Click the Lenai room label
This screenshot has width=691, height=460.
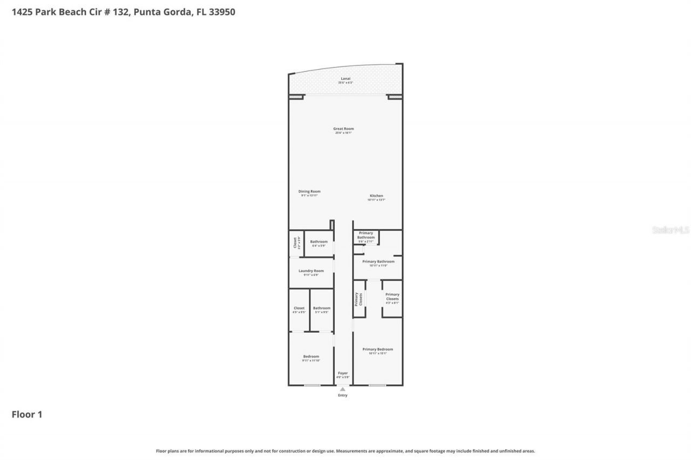[x=345, y=79]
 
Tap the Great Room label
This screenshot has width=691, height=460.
[x=343, y=129]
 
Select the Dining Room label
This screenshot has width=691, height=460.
[x=309, y=191]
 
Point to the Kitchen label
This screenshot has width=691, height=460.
[x=376, y=196]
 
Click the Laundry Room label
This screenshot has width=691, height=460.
[x=311, y=271]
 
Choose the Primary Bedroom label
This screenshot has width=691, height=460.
[x=377, y=349]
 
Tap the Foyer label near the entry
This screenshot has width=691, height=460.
[x=343, y=373]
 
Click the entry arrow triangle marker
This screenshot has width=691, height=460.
[x=342, y=389]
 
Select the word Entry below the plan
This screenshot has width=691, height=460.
[x=343, y=395]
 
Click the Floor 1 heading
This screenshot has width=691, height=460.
[x=27, y=414]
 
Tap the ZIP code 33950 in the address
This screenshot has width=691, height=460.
[x=222, y=12]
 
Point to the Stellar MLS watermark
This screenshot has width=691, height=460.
[x=670, y=230]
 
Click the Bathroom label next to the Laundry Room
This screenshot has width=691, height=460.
[x=319, y=242]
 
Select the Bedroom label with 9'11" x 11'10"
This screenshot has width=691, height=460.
[x=311, y=356]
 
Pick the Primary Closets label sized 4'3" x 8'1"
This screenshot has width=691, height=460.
[x=392, y=297]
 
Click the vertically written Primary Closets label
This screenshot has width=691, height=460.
[x=357, y=299]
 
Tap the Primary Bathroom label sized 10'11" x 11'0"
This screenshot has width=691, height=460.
[x=378, y=262]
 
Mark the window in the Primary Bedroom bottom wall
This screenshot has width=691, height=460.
[x=377, y=385]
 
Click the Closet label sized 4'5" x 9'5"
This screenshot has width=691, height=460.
[x=299, y=308]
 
